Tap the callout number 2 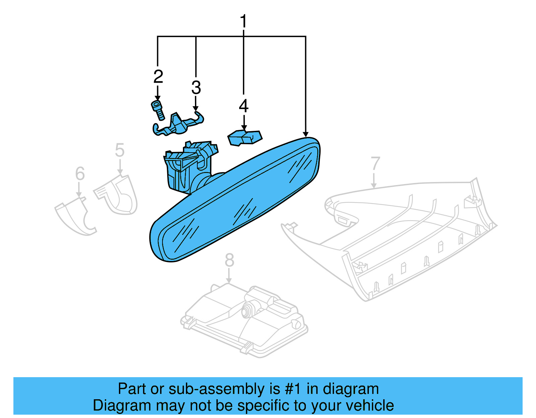(158, 76)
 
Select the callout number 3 (196, 87)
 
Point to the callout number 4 (244, 106)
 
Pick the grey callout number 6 (80, 173)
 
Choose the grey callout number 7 (375, 163)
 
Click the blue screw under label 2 (158, 110)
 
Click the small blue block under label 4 (245, 138)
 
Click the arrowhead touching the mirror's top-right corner (306, 135)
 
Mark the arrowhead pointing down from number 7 (374, 186)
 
